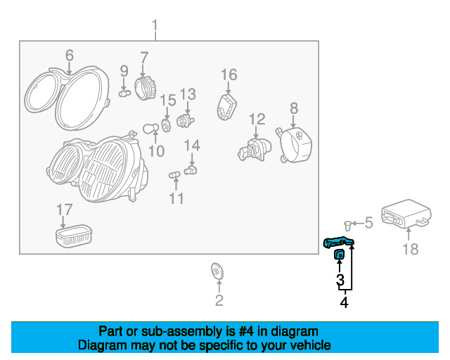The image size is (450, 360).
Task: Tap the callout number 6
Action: [70, 55]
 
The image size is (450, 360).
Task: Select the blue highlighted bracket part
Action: [339, 242]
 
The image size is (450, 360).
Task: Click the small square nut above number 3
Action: [339, 254]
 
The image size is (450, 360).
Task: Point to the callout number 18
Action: [411, 249]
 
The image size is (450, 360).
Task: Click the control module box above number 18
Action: [406, 214]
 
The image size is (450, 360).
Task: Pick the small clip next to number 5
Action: [347, 226]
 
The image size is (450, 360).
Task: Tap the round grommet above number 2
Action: [217, 271]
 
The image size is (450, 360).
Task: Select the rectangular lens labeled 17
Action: [74, 236]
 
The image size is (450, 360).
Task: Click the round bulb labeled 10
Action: [150, 129]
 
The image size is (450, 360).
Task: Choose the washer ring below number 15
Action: [166, 126]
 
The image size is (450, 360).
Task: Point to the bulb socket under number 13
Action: [185, 120]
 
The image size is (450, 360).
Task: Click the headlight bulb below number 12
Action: [255, 149]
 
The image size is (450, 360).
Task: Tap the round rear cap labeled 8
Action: [294, 145]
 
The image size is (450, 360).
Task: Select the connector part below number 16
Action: [226, 107]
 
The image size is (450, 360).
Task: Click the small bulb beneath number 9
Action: [124, 94]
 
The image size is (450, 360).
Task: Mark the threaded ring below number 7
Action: [145, 88]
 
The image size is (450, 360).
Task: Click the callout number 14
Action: [192, 146]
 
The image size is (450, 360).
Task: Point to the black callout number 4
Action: [344, 302]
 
